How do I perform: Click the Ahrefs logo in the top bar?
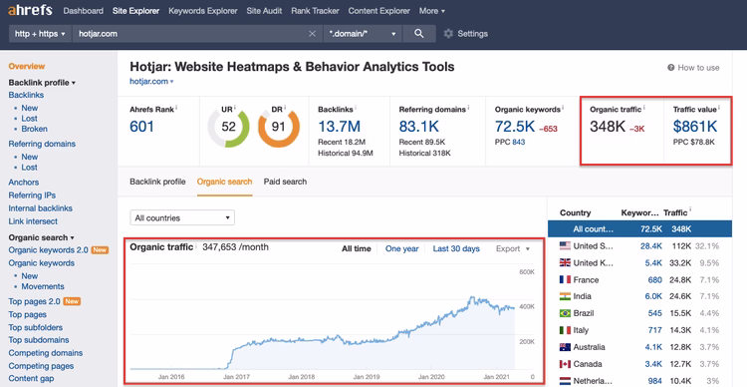point(31,11)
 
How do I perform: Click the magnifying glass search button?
point(419,33)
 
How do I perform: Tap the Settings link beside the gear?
point(472,33)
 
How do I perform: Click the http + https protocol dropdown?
point(39,33)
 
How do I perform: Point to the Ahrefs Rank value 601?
point(142,126)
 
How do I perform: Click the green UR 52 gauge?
point(228,127)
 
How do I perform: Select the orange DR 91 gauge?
point(279,127)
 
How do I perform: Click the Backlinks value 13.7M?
point(339,126)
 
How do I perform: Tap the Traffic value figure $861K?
point(696,127)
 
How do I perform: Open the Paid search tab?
point(285,182)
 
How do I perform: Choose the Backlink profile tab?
point(157,182)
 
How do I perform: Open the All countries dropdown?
point(182,217)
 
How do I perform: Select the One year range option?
point(401,248)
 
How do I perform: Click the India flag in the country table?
point(566,295)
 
